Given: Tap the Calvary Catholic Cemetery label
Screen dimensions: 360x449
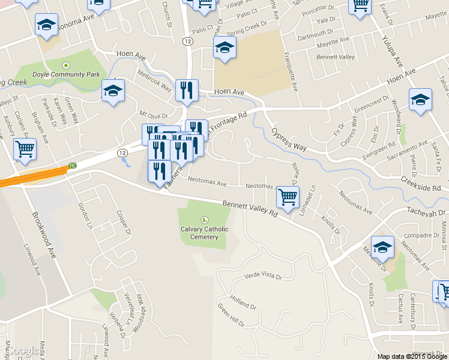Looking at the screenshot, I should coord(204,233).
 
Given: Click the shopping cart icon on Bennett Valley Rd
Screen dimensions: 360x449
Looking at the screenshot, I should coord(288,196).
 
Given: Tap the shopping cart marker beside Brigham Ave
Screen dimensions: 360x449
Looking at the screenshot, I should coord(25,149).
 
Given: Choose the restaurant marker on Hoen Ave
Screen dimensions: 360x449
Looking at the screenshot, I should coord(187,91).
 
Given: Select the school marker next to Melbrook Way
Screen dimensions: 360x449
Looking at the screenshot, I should coord(113,91).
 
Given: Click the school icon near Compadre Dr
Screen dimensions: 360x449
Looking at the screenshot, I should coord(382,247).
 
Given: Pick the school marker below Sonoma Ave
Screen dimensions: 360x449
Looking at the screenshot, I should coord(46,25).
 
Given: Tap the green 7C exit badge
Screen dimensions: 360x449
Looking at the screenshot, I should coord(73,165).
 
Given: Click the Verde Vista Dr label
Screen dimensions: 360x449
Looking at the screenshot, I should coord(264,275).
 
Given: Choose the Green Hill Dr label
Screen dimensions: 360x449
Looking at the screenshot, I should coord(231,316).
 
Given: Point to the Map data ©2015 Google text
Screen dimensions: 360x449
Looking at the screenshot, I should coord(412,356).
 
